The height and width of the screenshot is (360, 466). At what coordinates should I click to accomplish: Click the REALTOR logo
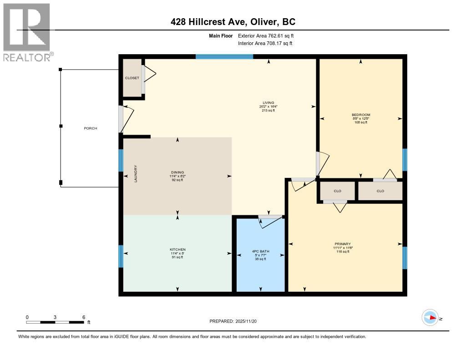pos(26,32)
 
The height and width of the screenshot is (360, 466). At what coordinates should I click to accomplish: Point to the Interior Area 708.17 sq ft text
pos(265,44)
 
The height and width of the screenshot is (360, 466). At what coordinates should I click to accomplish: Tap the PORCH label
pos(91,128)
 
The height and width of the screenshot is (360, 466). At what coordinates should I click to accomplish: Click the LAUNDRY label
pos(136,174)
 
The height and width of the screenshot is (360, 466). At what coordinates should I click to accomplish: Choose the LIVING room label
pos(268,103)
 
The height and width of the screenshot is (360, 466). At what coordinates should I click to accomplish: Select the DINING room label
pos(177,172)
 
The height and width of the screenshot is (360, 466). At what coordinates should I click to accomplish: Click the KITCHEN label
pos(177,249)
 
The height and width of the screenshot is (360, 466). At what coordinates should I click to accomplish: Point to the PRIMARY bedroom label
pos(342,244)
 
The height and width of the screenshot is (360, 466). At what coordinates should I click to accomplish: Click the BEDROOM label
pos(361,115)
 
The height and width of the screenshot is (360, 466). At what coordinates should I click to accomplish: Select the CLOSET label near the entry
pos(132,78)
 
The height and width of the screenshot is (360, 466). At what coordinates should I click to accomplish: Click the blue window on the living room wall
pos(224,57)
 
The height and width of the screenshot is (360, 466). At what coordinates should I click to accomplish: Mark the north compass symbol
pos(430,318)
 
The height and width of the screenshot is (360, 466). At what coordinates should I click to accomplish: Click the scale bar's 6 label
pos(83,317)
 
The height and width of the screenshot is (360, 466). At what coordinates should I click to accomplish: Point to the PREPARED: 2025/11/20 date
pos(233,321)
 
